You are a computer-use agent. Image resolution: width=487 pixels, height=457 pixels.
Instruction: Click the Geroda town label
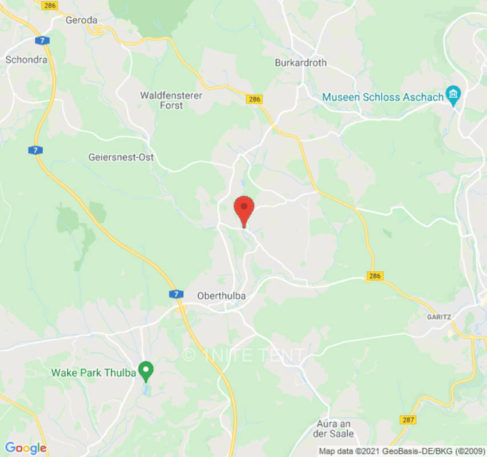[x=82, y=20]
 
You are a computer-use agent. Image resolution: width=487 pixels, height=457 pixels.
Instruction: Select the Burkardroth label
[x=301, y=63]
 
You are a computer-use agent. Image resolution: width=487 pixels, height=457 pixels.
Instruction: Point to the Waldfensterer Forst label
[x=171, y=101]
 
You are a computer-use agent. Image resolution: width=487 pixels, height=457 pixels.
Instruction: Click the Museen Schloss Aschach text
[x=383, y=97]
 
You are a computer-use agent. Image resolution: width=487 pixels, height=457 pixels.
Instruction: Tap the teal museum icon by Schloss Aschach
[x=454, y=94]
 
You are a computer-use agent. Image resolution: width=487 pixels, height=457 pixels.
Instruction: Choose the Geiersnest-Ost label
[x=121, y=157]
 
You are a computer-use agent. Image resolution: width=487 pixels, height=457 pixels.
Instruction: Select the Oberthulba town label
[x=222, y=295]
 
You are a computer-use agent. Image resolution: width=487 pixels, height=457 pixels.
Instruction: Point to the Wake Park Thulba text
[x=94, y=373]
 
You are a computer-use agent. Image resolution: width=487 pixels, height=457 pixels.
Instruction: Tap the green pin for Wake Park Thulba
[x=146, y=372]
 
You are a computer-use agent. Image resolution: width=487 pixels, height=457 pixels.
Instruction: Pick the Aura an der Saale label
[x=335, y=428]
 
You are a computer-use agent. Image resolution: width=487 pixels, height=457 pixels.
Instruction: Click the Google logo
[x=25, y=448]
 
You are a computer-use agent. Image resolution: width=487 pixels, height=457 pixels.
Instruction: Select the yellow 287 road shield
[x=408, y=420]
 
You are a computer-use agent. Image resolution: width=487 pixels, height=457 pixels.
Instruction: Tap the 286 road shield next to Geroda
[x=50, y=5]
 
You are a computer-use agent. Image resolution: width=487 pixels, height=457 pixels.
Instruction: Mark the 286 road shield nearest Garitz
[x=375, y=276]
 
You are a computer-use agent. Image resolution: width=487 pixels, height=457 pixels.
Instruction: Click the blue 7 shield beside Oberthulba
[x=176, y=294]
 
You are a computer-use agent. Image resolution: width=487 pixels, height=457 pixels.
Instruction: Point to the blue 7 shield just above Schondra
[x=42, y=41]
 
